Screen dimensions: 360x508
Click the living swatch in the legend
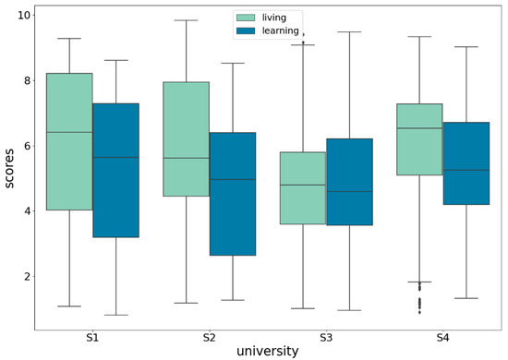click(248, 18)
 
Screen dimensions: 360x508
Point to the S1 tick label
click(92, 339)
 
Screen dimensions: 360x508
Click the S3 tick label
click(326, 339)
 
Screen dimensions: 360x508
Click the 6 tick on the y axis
click(26, 146)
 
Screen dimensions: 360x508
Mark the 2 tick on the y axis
click(26, 277)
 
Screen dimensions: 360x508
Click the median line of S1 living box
click(69, 132)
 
